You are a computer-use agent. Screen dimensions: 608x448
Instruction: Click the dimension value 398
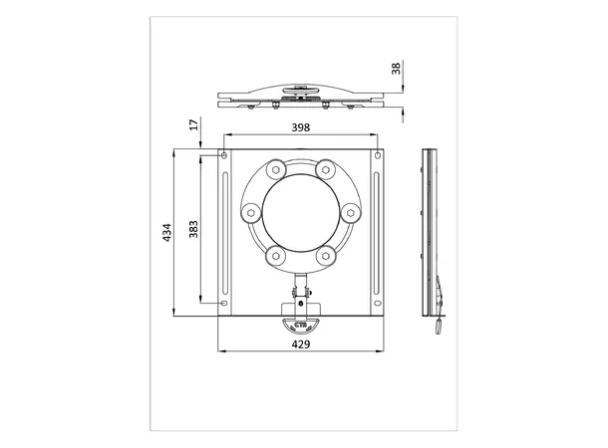pyautogui.click(x=300, y=127)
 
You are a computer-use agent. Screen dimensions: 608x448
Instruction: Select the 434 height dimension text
pyautogui.click(x=166, y=233)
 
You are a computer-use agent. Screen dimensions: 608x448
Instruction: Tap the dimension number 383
pyautogui.click(x=193, y=229)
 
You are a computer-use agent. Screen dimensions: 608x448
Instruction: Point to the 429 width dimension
pyautogui.click(x=301, y=344)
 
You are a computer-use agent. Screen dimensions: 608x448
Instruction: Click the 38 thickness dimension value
pyautogui.click(x=396, y=69)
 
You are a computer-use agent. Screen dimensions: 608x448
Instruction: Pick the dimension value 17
pyautogui.click(x=194, y=124)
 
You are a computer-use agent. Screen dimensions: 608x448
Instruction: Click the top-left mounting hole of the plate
pyautogui.click(x=224, y=155)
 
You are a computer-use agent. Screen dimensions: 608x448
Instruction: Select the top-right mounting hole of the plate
pyautogui.click(x=378, y=155)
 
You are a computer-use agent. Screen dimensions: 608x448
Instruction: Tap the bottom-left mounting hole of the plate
pyautogui.click(x=223, y=303)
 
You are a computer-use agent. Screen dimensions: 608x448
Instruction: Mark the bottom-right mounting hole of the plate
pyautogui.click(x=378, y=303)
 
